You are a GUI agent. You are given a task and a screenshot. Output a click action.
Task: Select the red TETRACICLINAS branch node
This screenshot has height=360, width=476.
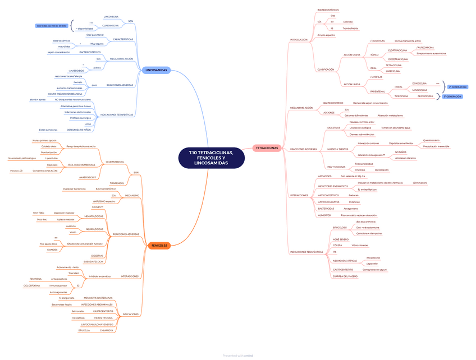(267, 148)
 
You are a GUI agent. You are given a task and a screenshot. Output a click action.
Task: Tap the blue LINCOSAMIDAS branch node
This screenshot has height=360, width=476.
(156, 70)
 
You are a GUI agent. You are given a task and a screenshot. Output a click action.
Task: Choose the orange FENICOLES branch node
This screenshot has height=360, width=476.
(158, 245)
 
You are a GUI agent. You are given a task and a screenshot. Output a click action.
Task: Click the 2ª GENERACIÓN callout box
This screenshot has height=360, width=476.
(457, 87)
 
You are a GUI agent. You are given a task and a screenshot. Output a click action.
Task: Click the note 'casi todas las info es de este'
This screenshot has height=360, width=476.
(52, 26)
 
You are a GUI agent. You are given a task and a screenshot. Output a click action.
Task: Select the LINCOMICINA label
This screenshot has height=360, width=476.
(111, 17)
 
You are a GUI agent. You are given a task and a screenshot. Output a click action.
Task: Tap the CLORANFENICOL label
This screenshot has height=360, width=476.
(115, 161)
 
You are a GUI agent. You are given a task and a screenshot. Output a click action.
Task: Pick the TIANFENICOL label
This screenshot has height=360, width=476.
(117, 183)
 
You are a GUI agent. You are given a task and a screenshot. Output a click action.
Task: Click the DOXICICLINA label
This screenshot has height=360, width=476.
(420, 83)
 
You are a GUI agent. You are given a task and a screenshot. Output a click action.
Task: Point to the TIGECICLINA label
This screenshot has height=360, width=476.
(401, 96)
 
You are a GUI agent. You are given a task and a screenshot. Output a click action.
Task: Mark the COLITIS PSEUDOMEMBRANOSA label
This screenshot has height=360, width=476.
(65, 94)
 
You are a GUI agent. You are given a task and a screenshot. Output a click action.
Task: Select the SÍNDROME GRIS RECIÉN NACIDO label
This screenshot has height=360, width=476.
(84, 244)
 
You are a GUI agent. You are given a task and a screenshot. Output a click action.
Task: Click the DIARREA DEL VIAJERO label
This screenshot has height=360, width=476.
(345, 276)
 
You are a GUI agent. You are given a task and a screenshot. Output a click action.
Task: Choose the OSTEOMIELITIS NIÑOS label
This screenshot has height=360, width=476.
(79, 130)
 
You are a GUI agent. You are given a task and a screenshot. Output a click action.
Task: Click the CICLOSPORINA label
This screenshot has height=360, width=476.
(32, 285)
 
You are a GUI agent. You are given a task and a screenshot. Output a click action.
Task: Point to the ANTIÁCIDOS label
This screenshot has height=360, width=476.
(325, 176)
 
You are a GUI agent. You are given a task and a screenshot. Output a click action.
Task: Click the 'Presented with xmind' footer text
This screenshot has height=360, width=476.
(237, 356)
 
